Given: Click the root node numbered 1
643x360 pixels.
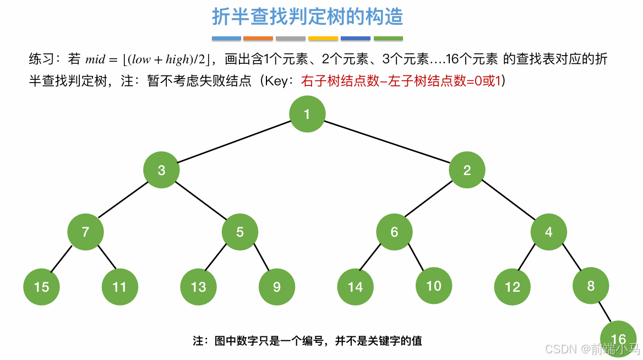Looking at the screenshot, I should click(307, 114).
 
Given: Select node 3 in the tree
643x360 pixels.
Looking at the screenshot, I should click(161, 170).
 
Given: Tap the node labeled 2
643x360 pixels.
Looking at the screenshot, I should click(467, 170).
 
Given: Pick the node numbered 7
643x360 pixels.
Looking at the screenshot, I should click(85, 232).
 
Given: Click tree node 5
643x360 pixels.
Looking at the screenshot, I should click(240, 232).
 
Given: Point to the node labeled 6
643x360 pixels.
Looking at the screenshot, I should click(394, 232).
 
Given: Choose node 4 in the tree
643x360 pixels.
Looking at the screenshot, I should click(549, 232).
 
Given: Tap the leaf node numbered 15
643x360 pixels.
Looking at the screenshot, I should click(42, 287).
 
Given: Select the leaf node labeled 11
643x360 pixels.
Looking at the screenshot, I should click(119, 287).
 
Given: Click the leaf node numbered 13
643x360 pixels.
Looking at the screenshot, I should click(198, 287).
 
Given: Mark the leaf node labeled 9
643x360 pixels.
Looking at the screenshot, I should click(276, 287).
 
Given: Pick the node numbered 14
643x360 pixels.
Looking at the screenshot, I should click(355, 287).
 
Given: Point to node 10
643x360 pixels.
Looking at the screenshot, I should click(434, 286).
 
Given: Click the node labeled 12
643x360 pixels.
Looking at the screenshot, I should click(513, 287).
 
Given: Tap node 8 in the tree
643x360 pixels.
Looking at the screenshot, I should click(591, 286).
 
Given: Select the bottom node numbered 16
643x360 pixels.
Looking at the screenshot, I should click(618, 339).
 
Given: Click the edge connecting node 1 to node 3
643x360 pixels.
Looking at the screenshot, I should click(234, 142).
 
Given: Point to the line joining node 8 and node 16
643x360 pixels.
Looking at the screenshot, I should click(605, 313).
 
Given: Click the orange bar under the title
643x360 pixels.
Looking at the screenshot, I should click(258, 39).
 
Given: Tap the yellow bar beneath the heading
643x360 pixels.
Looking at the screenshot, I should click(323, 39).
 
